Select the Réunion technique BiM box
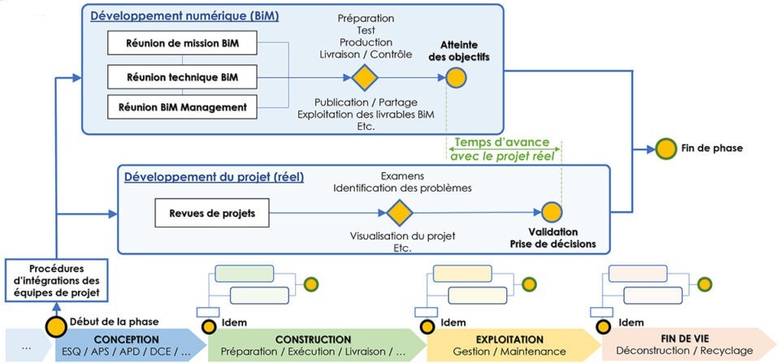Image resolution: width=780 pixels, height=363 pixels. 177,77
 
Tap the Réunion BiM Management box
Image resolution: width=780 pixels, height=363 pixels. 177,106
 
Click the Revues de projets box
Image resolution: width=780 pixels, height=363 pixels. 211,214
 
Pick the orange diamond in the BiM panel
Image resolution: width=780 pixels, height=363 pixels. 366,78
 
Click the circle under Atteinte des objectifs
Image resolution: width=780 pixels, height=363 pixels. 456,78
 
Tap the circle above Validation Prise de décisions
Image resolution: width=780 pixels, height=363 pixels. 552,214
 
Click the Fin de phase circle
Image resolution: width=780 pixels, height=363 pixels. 667,149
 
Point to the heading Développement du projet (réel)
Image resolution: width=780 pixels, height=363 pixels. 214,176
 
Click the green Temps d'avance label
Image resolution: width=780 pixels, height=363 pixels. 501,143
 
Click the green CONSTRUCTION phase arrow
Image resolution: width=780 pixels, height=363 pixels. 313,345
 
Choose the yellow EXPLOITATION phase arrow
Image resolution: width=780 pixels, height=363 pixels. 510,345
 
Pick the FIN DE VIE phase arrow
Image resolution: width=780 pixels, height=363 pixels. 684,345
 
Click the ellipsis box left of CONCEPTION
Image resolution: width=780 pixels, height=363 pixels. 26,345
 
